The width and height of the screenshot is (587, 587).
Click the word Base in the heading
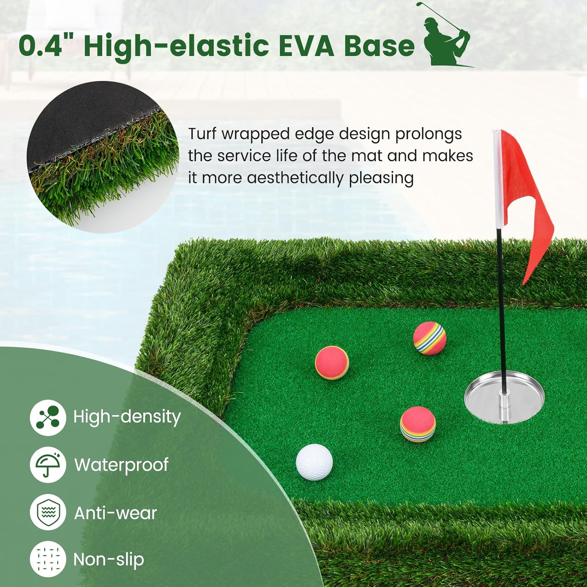click(x=379, y=46)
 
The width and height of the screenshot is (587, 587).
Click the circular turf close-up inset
click(x=103, y=157)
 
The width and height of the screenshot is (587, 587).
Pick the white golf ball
click(x=314, y=462)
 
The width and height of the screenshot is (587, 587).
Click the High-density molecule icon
click(x=48, y=418)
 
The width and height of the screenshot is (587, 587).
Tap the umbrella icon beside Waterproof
click(x=48, y=465)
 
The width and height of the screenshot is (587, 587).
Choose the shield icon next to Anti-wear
click(x=48, y=512)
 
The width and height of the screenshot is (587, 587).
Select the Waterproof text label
click(x=121, y=465)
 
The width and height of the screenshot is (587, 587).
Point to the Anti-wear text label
click(x=115, y=513)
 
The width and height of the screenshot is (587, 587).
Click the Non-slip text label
click(x=109, y=560)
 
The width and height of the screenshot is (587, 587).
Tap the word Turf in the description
click(x=202, y=134)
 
